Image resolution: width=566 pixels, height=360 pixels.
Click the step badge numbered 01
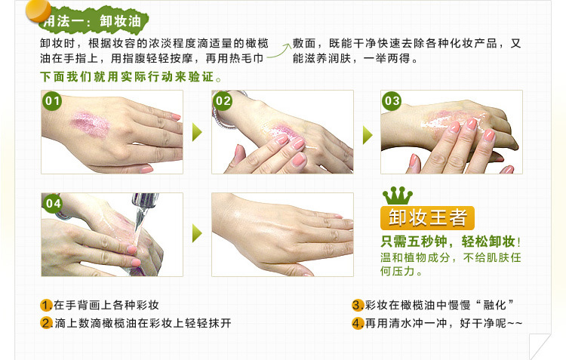pos(52,100)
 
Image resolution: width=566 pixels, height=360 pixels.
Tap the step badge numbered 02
pos(223,100)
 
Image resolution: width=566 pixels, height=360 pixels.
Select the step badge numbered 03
pos(392,100)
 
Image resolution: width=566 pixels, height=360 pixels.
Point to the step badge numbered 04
pos(53,203)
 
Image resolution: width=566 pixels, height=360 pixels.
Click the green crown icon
pos(398,195)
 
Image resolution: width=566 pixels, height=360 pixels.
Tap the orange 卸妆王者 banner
pos(427,217)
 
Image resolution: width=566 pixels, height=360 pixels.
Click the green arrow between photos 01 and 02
pos(197,132)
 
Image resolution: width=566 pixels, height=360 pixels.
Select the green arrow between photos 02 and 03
pos(368,135)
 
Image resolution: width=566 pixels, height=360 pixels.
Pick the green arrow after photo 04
pos(197,234)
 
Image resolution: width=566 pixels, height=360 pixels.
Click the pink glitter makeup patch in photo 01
pos(91,125)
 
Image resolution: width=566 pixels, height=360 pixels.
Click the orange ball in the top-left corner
pos(38,11)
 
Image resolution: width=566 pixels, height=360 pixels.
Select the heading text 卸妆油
pos(120,21)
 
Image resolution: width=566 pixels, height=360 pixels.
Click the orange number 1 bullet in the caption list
pos(46,305)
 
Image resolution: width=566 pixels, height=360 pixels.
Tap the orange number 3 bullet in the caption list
pos(358,305)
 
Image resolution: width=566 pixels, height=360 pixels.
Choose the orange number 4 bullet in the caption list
pos(358,323)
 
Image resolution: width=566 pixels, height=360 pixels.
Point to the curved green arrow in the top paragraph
pos(279,51)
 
